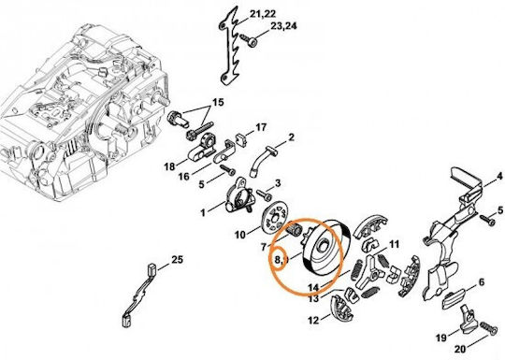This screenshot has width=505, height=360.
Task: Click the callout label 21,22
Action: (263, 14)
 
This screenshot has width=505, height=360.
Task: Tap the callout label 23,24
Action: (283, 26)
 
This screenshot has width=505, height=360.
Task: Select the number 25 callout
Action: (177, 260)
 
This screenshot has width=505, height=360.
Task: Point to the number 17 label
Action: (261, 127)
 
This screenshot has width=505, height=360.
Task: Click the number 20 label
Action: (460, 350)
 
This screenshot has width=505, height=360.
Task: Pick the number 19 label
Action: (441, 338)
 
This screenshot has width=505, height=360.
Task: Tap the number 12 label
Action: (313, 321)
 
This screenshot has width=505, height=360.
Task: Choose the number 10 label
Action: (240, 235)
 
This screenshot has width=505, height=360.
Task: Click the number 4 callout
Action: (499, 176)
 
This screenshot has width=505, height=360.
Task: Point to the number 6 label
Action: (482, 282)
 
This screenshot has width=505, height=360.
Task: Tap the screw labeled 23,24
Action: (250, 40)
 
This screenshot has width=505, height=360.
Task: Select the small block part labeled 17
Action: (241, 139)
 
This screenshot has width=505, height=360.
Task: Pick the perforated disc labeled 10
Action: (274, 218)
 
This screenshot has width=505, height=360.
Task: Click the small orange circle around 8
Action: (279, 258)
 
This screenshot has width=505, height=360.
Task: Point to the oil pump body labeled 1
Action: (238, 195)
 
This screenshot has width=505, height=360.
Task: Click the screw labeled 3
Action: (264, 194)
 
